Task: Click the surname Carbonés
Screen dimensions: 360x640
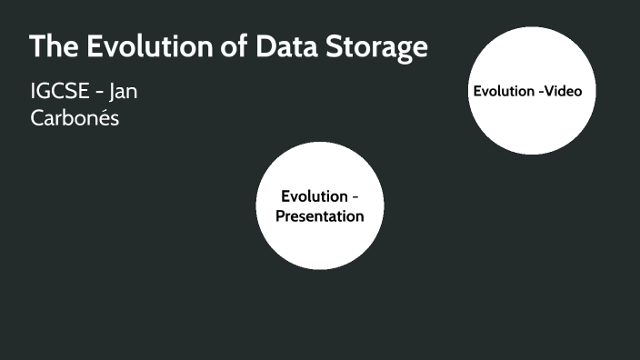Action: coord(75,118)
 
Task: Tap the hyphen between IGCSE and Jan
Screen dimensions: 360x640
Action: coord(95,94)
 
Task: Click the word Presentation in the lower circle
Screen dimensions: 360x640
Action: coord(319,216)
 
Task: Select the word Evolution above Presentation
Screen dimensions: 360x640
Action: coord(314,196)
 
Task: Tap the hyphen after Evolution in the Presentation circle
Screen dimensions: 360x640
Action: coord(355,197)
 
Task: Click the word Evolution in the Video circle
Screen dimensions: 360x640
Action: coord(502,91)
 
